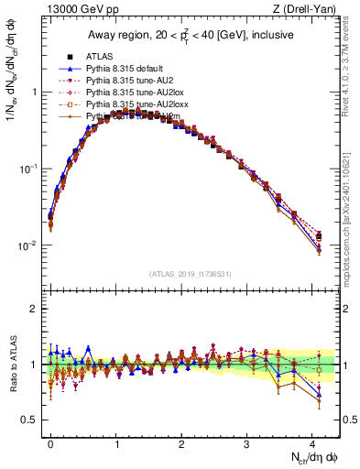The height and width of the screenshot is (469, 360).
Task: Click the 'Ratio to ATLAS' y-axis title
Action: point(12,364)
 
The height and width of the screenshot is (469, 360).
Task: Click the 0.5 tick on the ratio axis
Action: point(29,420)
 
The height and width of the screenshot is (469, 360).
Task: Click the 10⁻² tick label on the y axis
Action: point(27,245)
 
